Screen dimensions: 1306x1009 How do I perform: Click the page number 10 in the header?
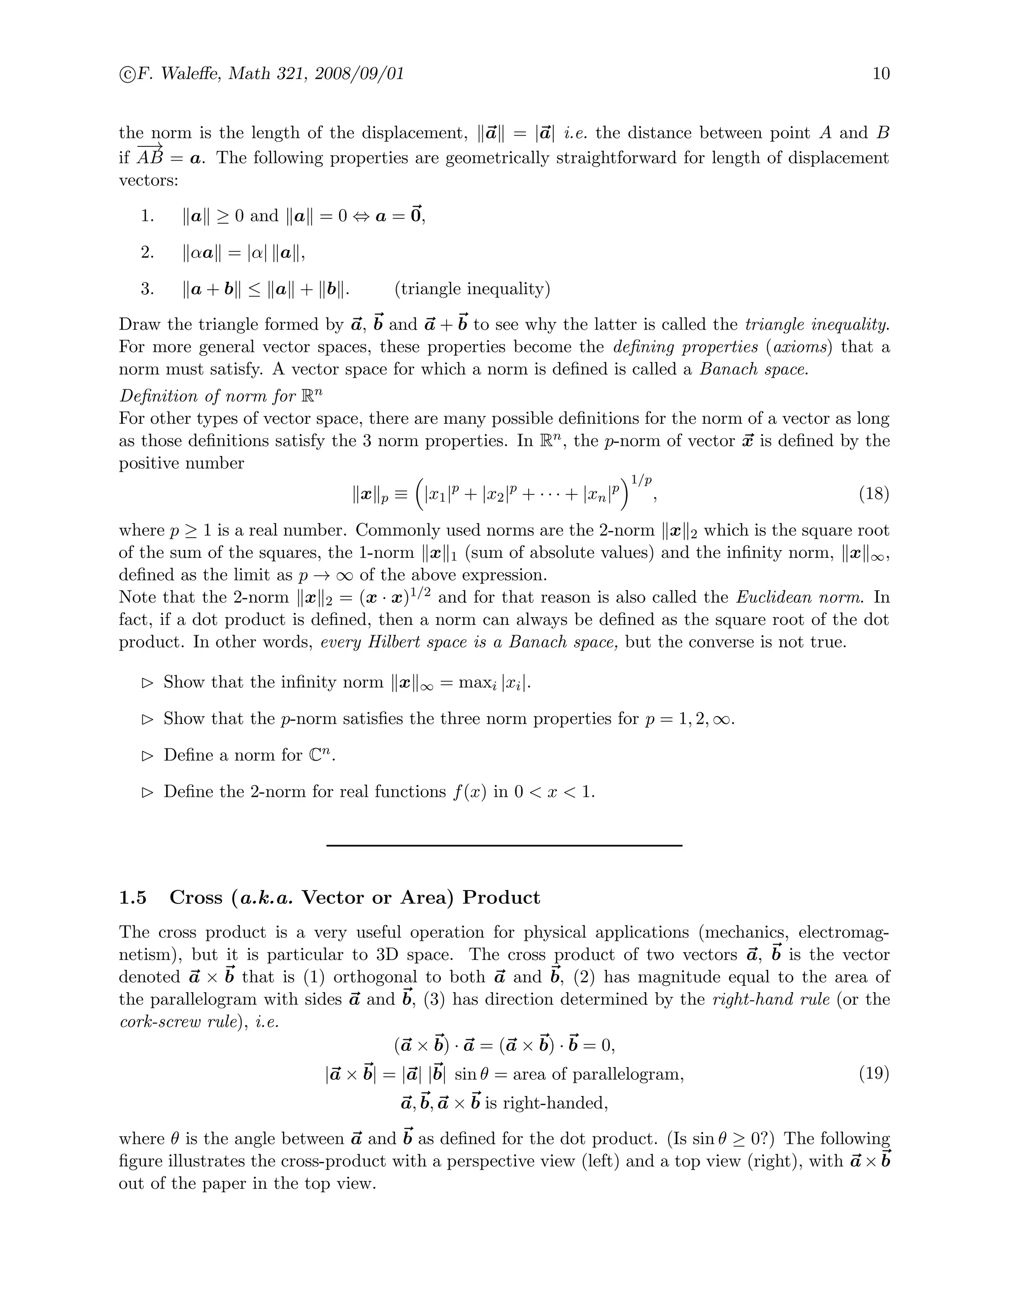click(881, 73)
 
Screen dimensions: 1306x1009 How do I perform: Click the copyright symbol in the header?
click(127, 74)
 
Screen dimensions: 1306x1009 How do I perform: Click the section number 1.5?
click(133, 897)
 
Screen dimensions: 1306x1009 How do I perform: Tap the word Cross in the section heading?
click(196, 897)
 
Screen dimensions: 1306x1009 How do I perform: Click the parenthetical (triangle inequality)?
click(472, 289)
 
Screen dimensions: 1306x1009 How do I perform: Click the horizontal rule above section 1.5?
click(504, 845)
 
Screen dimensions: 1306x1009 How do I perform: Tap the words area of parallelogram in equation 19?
click(598, 1074)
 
